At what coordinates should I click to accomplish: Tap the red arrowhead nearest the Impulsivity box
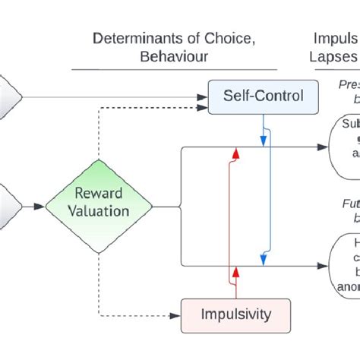tap(236, 271)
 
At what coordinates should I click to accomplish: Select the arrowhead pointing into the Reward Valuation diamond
tap(40, 205)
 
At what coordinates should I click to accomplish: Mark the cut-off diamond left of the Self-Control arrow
tap(11, 96)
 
